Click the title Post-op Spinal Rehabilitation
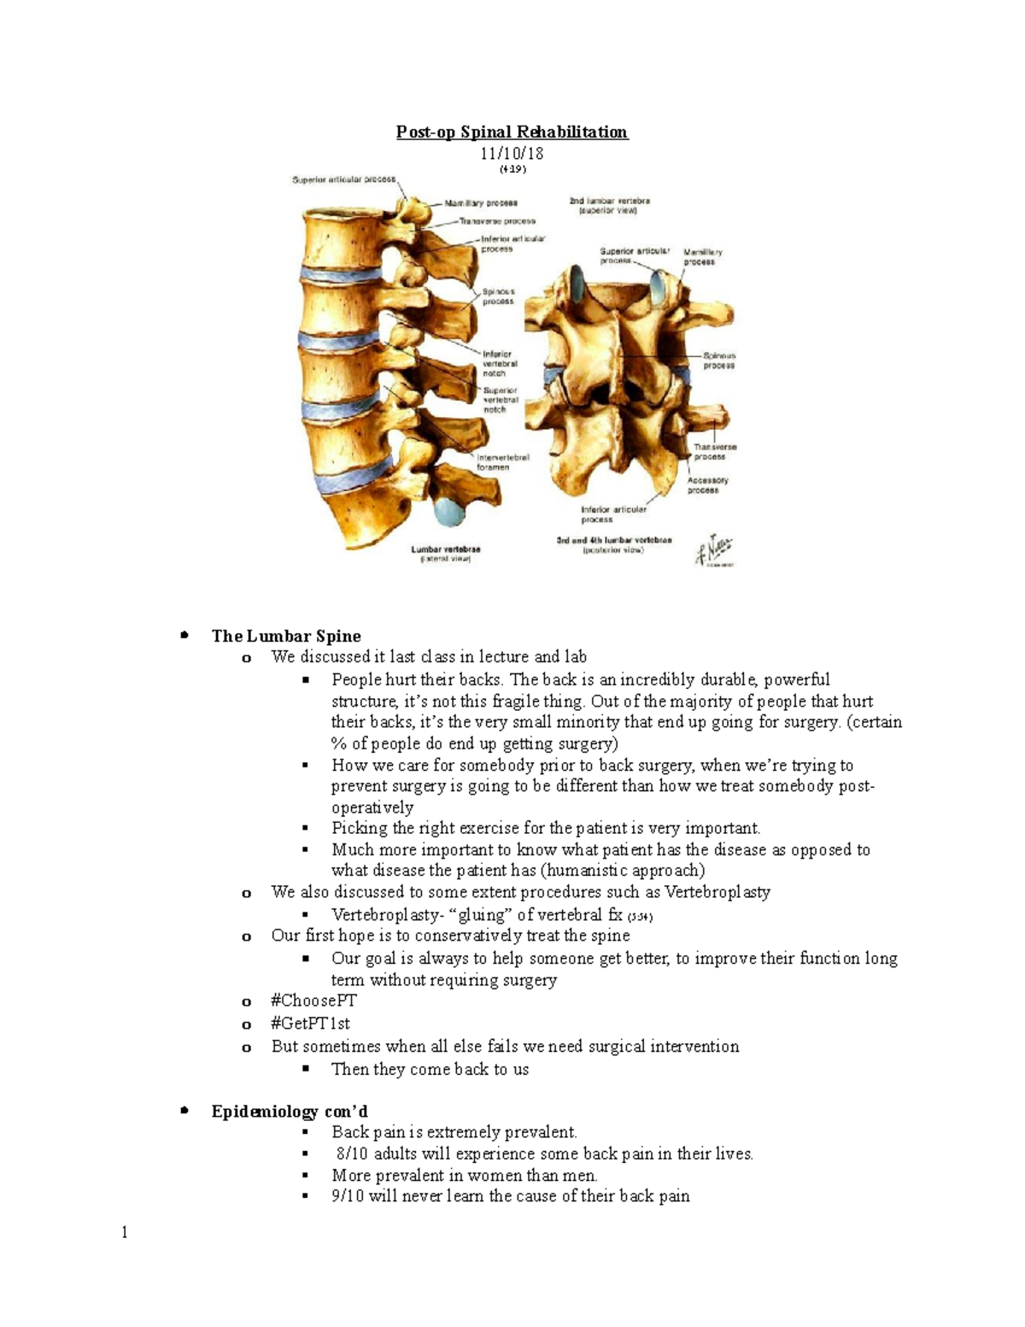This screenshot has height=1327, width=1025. coord(512,132)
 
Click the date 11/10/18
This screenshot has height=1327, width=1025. coord(512,154)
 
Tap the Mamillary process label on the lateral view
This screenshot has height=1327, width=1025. coord(480,203)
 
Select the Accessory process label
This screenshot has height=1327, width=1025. coord(707,485)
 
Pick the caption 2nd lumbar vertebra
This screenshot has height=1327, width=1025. coord(609,205)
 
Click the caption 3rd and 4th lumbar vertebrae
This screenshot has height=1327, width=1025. coord(613,545)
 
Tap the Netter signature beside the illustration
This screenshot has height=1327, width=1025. coord(714,550)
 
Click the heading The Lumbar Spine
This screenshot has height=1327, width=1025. coord(286,636)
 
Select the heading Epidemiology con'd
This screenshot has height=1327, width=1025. coord(290,1112)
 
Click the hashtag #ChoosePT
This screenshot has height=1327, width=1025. coord(313,1001)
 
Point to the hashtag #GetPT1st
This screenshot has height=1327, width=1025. coord(310,1024)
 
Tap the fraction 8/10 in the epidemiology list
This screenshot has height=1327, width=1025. coord(352,1154)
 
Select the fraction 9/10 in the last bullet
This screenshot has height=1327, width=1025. coord(348,1196)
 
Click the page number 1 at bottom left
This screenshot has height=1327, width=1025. coord(125,1232)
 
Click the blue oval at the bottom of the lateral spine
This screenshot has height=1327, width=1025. coord(448,513)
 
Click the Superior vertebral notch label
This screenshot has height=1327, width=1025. coord(501,400)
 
